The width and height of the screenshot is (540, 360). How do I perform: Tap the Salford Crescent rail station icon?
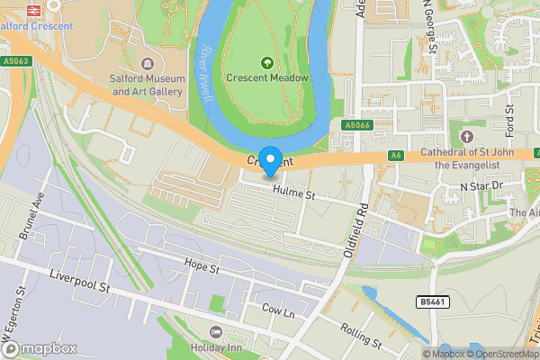click(10, 8)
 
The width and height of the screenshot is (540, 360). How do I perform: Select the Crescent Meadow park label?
click(267, 78)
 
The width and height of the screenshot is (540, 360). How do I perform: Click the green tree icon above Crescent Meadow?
click(267, 62)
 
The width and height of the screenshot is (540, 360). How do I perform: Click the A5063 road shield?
click(15, 61)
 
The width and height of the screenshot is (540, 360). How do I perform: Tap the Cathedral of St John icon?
click(466, 136)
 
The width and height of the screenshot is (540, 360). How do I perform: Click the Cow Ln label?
click(277, 310)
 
